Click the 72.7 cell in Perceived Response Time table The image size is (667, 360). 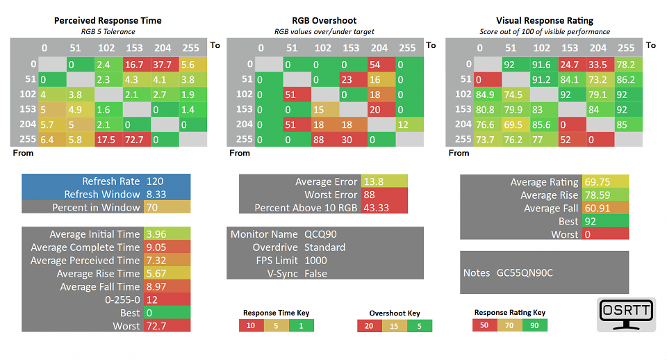click(x=137, y=140)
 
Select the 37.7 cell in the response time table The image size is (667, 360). click(x=165, y=65)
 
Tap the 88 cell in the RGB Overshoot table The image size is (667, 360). click(x=325, y=140)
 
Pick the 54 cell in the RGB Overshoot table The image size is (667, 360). click(x=381, y=65)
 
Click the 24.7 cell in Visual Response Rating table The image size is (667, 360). click(x=572, y=65)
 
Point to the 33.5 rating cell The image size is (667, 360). click(x=600, y=65)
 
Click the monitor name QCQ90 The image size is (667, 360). click(x=320, y=234)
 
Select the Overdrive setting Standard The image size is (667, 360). click(x=324, y=247)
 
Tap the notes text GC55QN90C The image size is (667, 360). click(x=525, y=272)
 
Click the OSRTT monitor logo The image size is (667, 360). click(x=626, y=314)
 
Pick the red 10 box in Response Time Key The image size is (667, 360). click(x=251, y=325)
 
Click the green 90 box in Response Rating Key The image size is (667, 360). click(x=535, y=325)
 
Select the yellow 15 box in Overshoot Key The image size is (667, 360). click(x=395, y=326)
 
